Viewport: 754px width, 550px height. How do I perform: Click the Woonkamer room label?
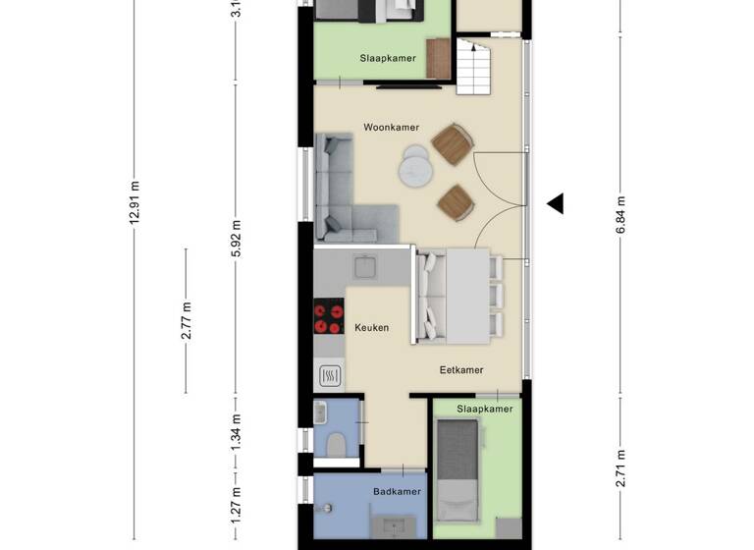[391, 128]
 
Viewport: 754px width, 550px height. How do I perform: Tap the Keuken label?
[371, 328]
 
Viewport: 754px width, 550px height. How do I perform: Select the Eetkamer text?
[460, 370]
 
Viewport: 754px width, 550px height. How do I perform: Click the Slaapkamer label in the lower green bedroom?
[485, 409]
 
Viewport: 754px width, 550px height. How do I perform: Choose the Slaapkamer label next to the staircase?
[387, 59]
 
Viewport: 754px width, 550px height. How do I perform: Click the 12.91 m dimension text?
[135, 202]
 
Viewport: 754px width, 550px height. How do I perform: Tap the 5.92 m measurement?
[236, 239]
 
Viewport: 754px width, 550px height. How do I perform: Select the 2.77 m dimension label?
[186, 321]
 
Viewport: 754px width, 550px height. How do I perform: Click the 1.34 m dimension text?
[236, 431]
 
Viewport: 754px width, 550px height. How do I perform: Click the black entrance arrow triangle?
[556, 203]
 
